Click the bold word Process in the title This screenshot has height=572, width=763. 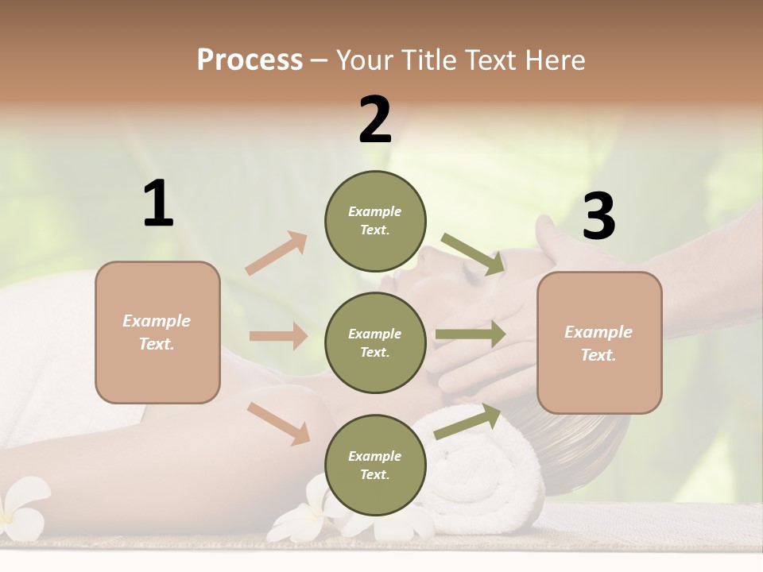coord(250,60)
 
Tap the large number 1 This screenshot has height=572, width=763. coord(158,204)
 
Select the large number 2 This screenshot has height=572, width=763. coord(375,120)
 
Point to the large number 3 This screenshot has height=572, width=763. coord(598,216)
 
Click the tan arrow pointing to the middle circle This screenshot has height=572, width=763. coord(278,336)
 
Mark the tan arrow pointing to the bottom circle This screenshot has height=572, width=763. coord(279,423)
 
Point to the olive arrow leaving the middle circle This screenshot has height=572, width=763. coord(470,334)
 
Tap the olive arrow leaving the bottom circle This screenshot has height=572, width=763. coord(467,421)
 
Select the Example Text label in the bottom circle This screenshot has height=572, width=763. coord(375,466)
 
